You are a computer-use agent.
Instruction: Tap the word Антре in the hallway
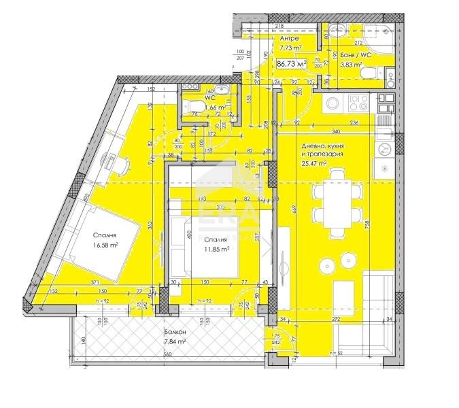pos(290,39)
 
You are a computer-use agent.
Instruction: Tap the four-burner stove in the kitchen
pos(358,104)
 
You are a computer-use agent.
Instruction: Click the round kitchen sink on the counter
pos(333,103)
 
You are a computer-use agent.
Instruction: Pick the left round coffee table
pos(324,264)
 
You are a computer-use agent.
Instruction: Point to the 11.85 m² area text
pos(217,249)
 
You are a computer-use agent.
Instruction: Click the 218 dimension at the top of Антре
pos(279,27)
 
